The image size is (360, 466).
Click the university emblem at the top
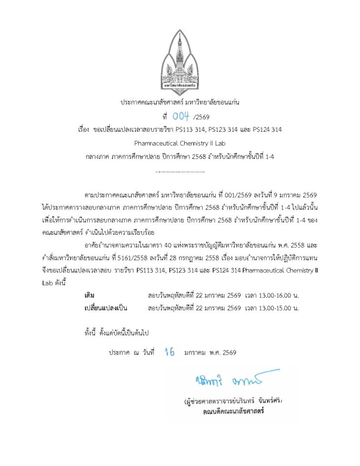click(x=180, y=60)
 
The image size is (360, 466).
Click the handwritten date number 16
click(x=170, y=352)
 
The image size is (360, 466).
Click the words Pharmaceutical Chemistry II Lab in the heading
click(x=180, y=143)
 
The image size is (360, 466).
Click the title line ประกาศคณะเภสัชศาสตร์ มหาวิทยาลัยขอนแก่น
click(x=180, y=102)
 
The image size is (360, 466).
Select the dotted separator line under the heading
click(x=180, y=172)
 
